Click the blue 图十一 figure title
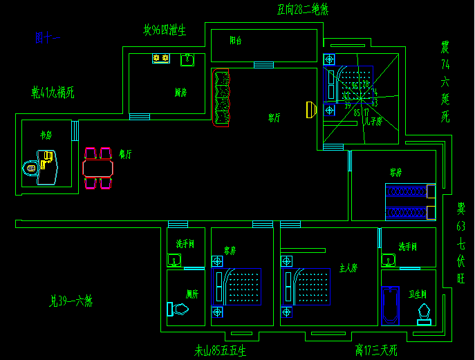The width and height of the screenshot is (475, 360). [48, 38]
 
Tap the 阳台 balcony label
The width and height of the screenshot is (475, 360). [236, 41]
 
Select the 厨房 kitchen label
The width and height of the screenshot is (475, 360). [180, 92]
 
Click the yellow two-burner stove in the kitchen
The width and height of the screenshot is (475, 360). [161, 59]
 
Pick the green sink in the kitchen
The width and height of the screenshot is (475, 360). [187, 60]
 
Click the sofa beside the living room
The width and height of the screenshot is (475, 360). [222, 99]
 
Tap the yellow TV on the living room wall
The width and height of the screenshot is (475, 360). [310, 109]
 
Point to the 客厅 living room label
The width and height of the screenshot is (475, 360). [274, 118]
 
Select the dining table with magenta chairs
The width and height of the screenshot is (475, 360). [97, 168]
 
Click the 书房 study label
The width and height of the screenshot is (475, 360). [46, 135]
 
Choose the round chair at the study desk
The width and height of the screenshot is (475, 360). [30, 167]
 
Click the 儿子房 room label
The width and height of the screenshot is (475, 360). [373, 122]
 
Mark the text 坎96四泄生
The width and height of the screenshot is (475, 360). [165, 30]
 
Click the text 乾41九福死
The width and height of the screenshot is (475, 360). [53, 91]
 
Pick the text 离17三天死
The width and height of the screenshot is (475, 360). [375, 350]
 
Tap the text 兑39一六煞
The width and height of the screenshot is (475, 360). [71, 301]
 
